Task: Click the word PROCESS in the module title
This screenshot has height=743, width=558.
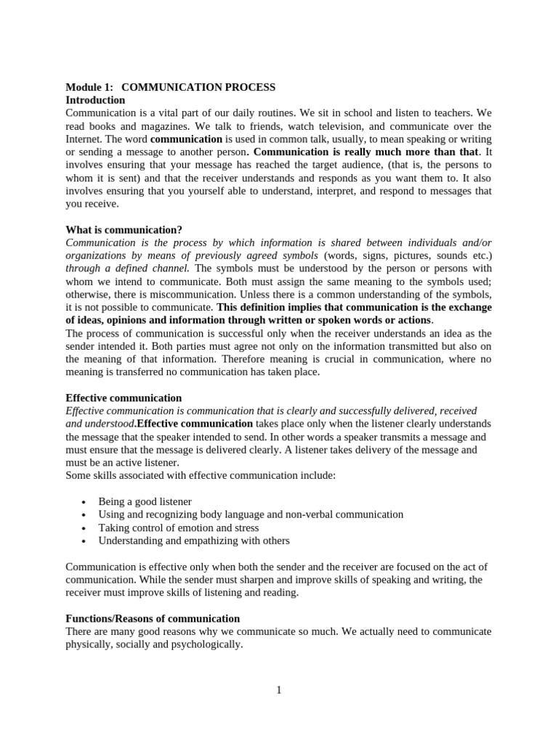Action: pyautogui.click(x=250, y=87)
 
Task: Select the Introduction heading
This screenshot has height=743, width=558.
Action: pyautogui.click(x=95, y=100)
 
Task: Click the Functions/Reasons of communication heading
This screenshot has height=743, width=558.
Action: pyautogui.click(x=153, y=618)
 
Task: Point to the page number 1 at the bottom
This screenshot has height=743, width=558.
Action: pyautogui.click(x=278, y=689)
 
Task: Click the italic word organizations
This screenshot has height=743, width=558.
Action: pyautogui.click(x=100, y=255)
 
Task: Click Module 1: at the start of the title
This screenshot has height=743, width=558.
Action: pyautogui.click(x=89, y=87)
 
